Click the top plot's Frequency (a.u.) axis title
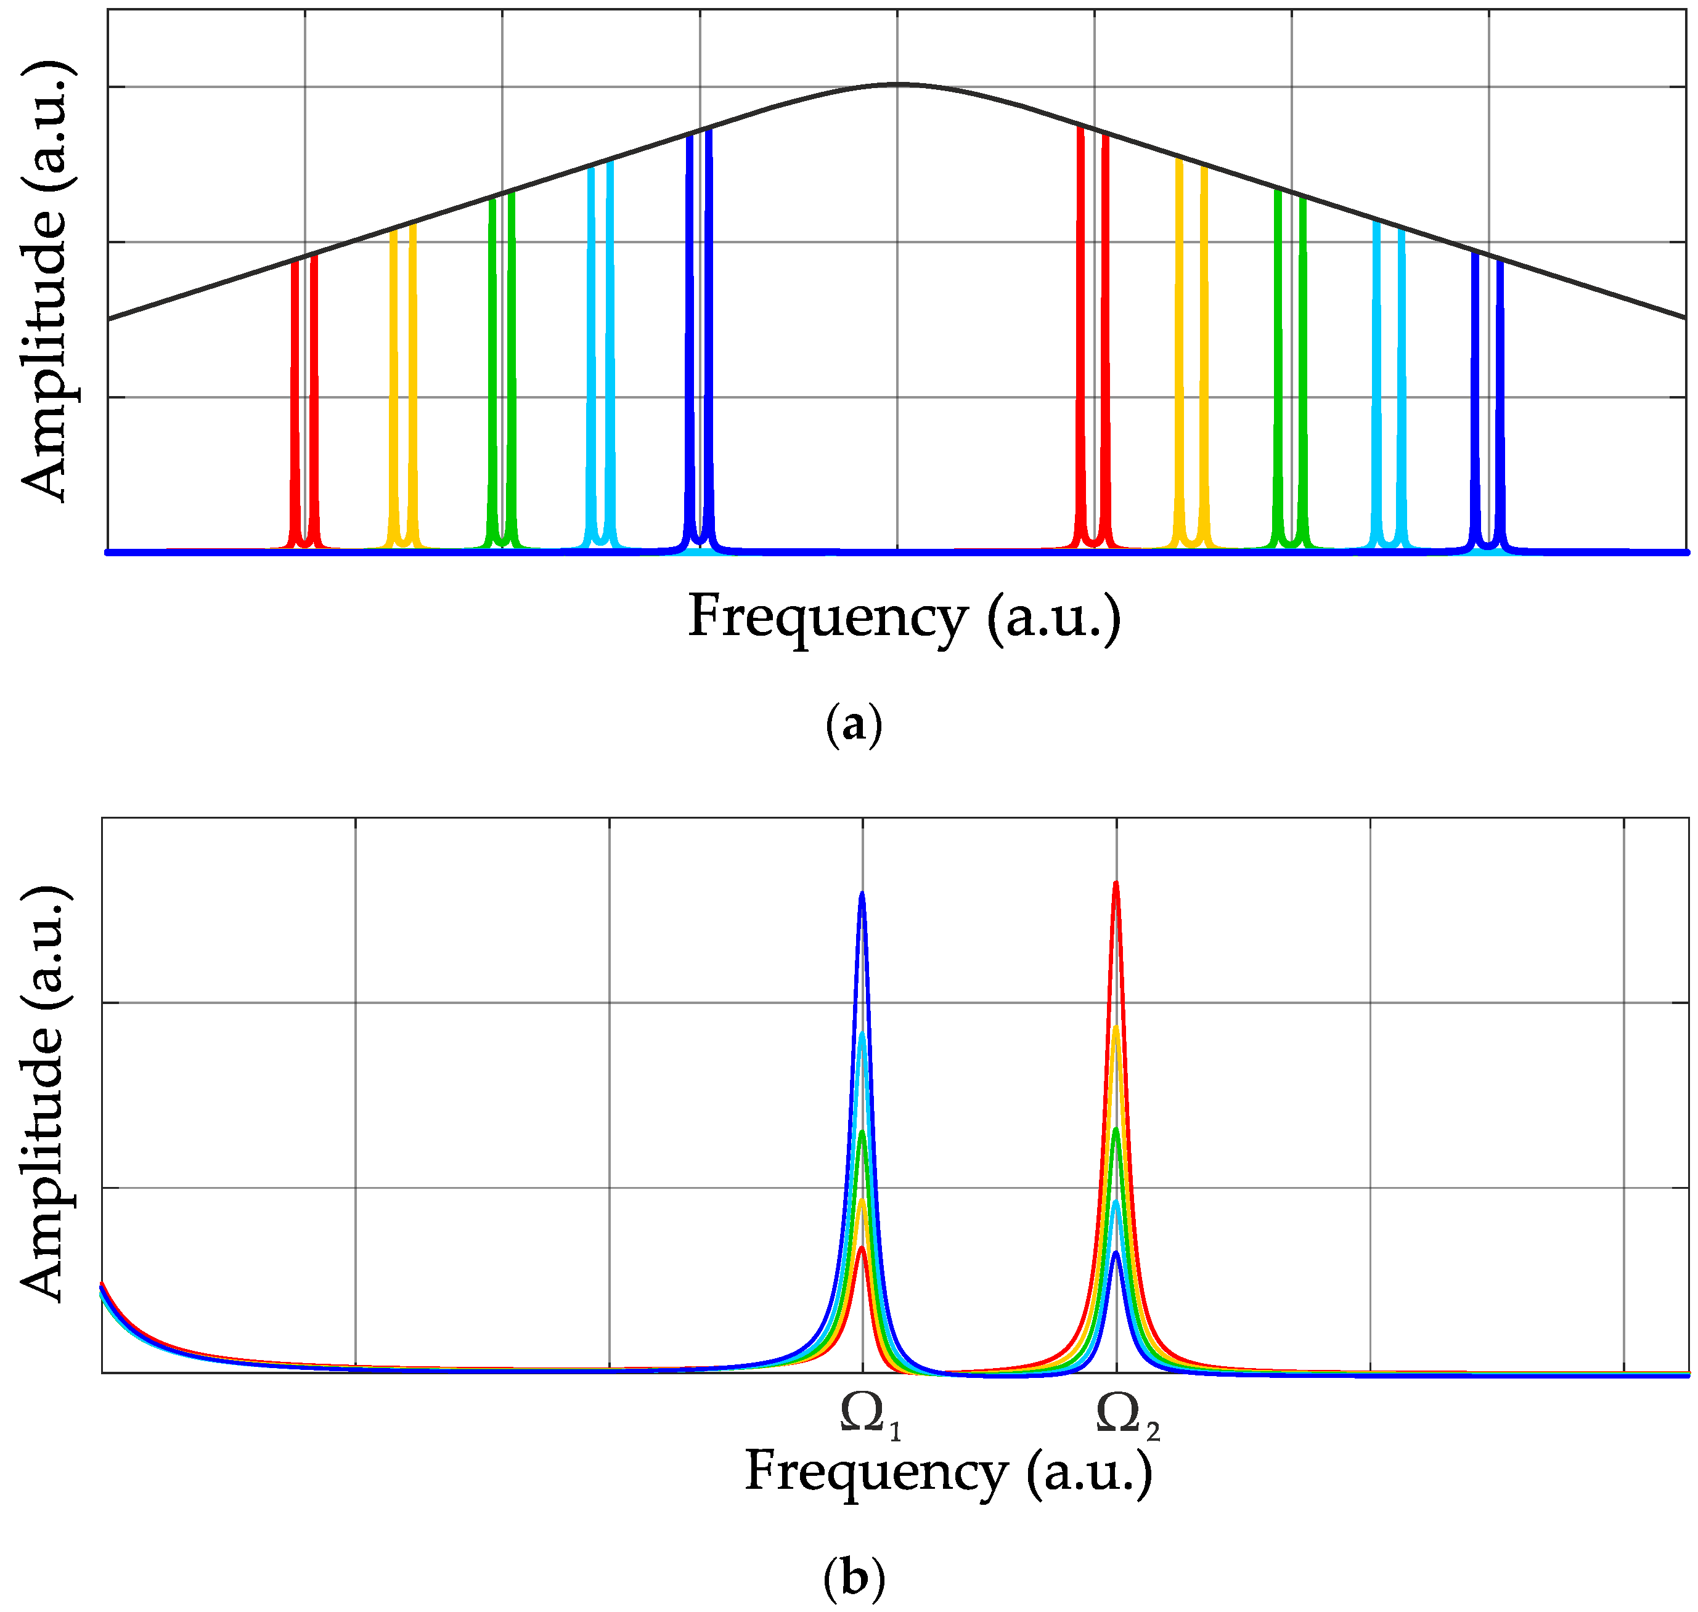tap(904, 618)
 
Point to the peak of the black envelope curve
tap(897, 84)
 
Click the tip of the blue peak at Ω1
tap(862, 894)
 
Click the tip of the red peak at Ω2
tap(1115, 883)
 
